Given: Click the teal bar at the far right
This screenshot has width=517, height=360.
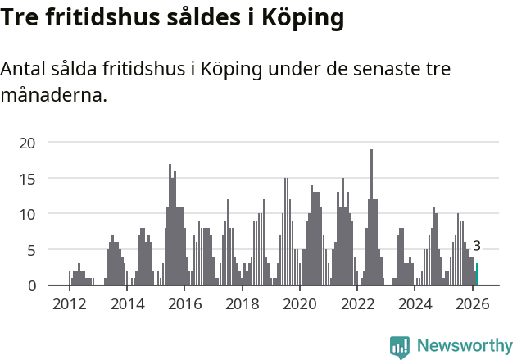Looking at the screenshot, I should coord(477,275).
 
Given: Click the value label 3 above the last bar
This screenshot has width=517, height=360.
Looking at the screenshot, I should coord(477,246).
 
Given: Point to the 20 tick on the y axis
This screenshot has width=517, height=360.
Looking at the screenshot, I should coord(28,143).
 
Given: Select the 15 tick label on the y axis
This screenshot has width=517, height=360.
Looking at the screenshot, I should coord(28,178).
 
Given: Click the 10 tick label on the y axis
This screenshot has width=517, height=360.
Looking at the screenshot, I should coord(28,214).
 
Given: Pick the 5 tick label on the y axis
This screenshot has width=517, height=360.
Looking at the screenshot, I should coord(32,249).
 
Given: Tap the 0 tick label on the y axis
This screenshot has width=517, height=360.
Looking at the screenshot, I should coord(32,285).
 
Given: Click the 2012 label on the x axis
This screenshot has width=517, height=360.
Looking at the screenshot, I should coord(69,304).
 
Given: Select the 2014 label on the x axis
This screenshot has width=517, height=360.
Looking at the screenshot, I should coord(127,304).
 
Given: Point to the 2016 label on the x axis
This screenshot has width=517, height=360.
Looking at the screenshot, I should coord(184,304).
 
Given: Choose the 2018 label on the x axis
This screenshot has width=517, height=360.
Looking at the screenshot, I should coord(243,304).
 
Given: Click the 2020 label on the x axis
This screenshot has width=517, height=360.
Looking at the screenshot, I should coord(300,304).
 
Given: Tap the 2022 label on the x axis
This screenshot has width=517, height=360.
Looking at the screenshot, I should coord(358,304).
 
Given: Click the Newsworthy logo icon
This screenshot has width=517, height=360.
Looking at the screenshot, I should coord(400,347).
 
